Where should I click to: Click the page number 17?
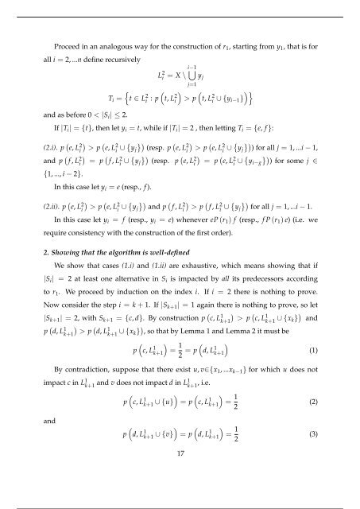pos(180,475)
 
